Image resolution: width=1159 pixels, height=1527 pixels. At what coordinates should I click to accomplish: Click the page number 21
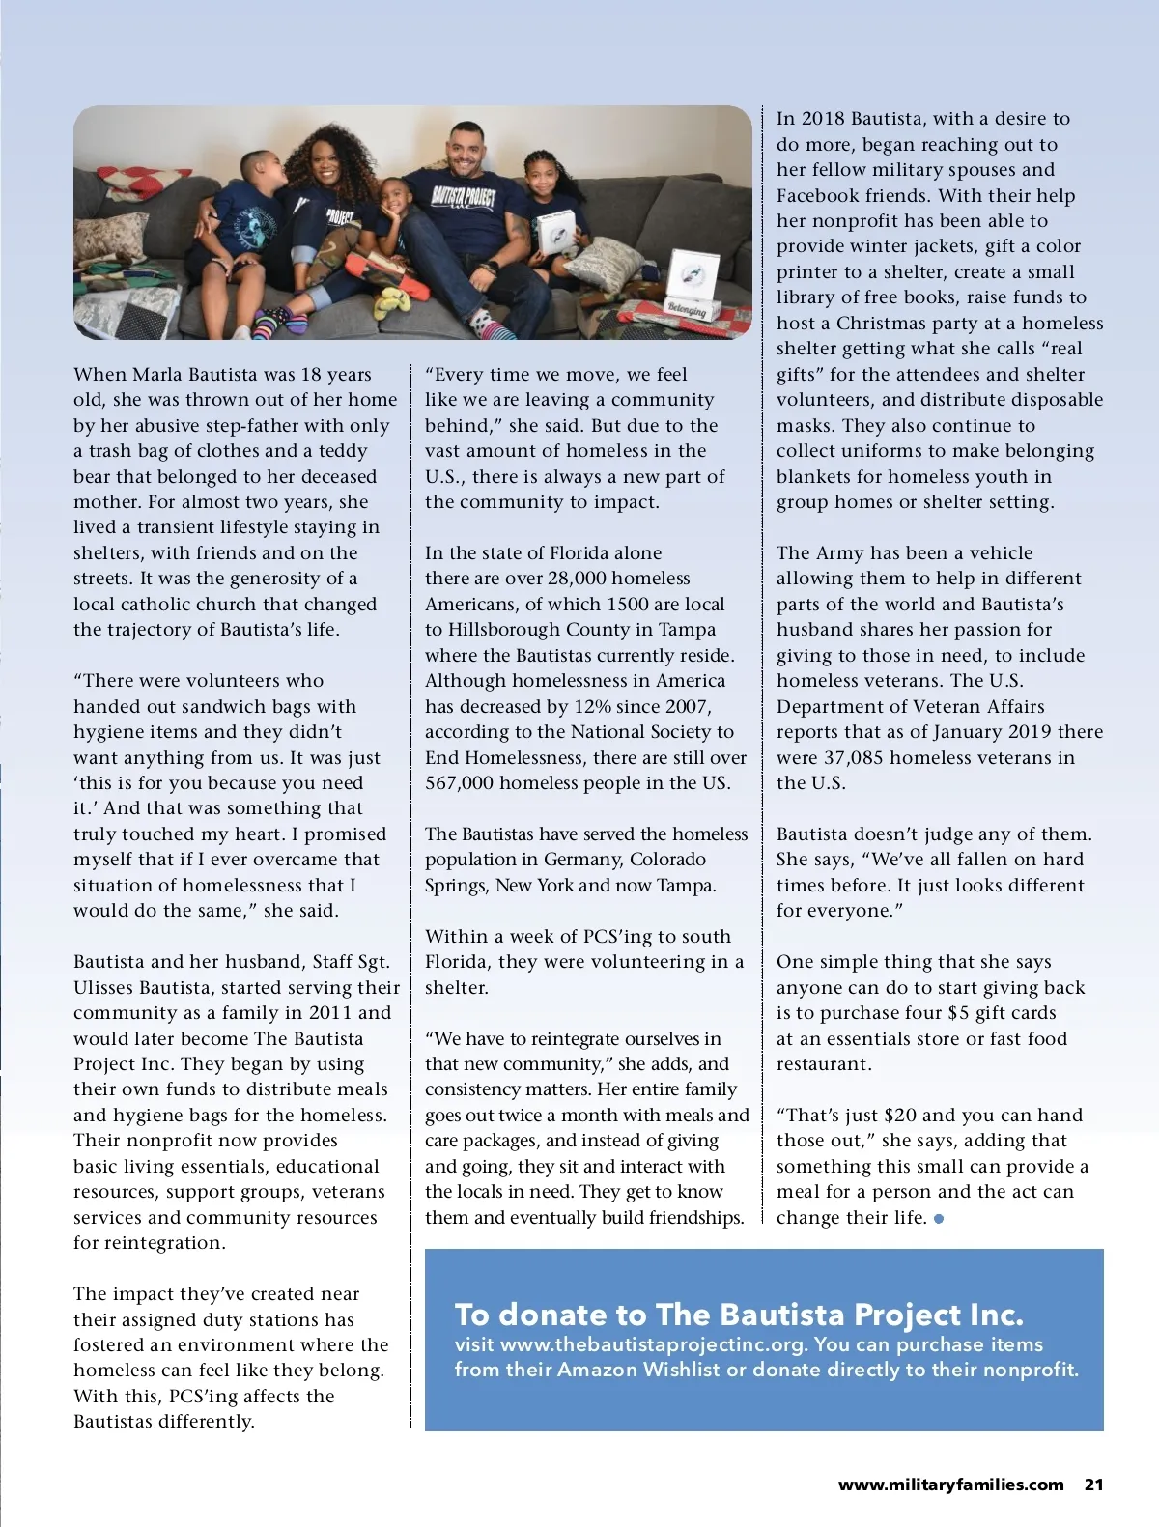1093,1485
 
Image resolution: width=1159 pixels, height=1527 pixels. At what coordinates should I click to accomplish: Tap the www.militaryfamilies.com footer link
950,1485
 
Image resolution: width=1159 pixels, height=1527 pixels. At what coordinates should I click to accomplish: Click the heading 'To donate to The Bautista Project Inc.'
739,1315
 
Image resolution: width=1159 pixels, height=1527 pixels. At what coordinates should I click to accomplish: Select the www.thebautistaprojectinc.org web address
653,1344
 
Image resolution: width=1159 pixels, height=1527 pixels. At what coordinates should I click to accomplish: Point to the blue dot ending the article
939,1219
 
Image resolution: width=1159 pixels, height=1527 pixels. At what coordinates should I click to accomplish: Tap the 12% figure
576,706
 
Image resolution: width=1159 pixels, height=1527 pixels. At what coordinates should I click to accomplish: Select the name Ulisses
103,987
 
